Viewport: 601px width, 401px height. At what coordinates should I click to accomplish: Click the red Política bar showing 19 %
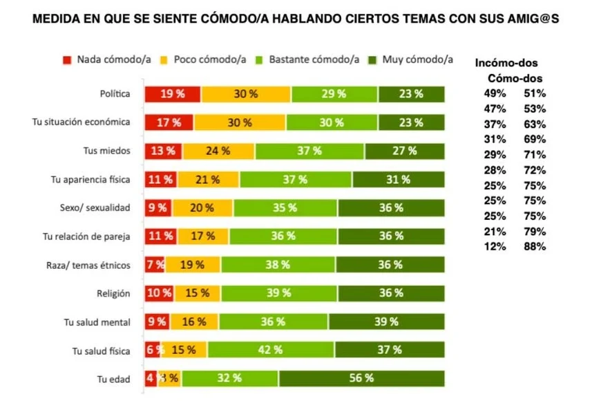(172, 94)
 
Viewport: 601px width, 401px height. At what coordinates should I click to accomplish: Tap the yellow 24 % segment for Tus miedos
(218, 151)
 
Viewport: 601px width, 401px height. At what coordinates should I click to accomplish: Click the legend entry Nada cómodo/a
(107, 59)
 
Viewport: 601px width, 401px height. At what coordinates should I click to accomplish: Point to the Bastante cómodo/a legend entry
(310, 59)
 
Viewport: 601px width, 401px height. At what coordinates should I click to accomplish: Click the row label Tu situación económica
(82, 122)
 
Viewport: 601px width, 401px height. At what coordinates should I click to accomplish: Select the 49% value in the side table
(495, 93)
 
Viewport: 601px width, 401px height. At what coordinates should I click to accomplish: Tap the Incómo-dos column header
(506, 63)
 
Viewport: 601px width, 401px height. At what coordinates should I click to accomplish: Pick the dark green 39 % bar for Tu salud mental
(386, 321)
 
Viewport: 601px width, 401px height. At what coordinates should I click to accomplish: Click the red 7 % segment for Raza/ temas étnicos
(154, 264)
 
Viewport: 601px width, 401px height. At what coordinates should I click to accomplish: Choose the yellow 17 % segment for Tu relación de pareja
(202, 236)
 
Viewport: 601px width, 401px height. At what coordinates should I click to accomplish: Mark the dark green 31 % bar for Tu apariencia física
(398, 179)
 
